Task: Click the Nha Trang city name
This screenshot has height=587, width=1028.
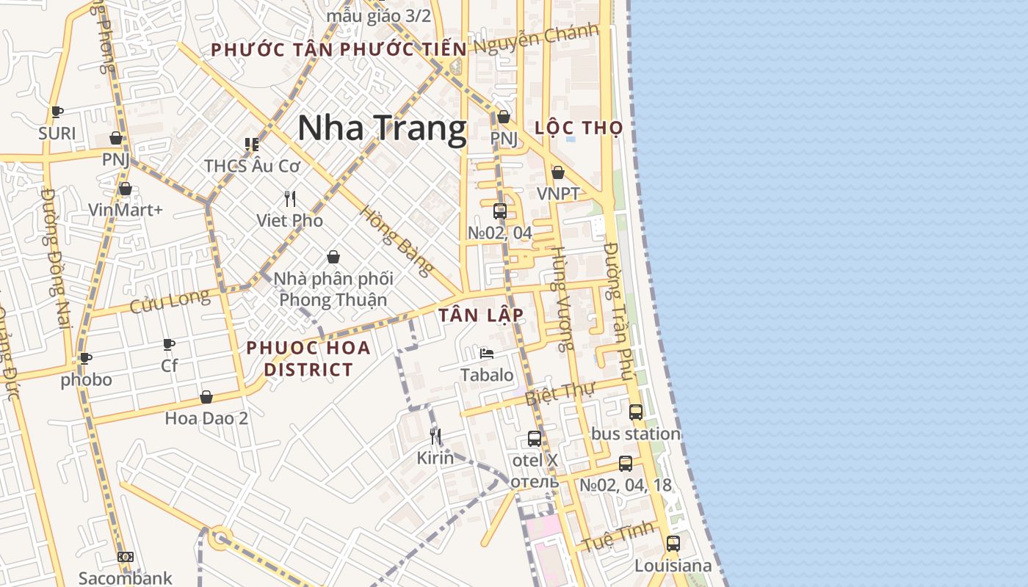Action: pyautogui.click(x=382, y=128)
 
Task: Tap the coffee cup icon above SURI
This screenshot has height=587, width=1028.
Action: pyautogui.click(x=57, y=112)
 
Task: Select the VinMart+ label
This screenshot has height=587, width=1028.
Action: pyautogui.click(x=126, y=210)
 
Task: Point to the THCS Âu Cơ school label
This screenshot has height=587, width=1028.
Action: pyautogui.click(x=252, y=166)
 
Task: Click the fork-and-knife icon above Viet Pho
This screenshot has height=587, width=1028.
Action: pyautogui.click(x=290, y=198)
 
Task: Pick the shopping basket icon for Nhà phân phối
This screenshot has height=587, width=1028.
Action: pyautogui.click(x=333, y=257)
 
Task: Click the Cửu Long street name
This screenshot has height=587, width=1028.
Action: pyautogui.click(x=169, y=302)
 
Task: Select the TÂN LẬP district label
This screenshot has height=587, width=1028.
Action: pyautogui.click(x=481, y=316)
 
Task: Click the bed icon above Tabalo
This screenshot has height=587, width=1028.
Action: pyautogui.click(x=486, y=353)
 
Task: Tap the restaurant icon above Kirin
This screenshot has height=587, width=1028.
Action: pyautogui.click(x=435, y=437)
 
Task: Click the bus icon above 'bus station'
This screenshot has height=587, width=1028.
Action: pyautogui.click(x=636, y=412)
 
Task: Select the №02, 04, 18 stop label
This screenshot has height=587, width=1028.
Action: pyautogui.click(x=626, y=485)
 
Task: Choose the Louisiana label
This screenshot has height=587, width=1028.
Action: pyautogui.click(x=673, y=566)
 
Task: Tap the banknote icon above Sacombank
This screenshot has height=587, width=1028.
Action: pyautogui.click(x=126, y=557)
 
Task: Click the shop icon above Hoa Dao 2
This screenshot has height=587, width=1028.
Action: pyautogui.click(x=206, y=397)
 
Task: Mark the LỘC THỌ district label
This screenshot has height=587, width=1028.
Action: pyautogui.click(x=579, y=128)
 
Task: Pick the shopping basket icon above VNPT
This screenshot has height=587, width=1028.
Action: pyautogui.click(x=558, y=172)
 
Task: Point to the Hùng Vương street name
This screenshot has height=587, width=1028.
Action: pyautogui.click(x=562, y=299)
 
